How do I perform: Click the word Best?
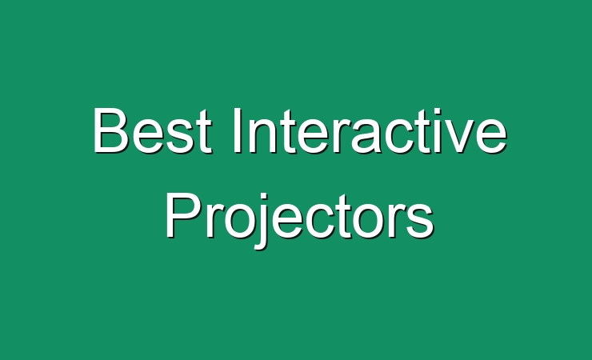click(x=152, y=130)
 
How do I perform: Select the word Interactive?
click(x=370, y=130)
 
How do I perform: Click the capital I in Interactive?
click(x=237, y=130)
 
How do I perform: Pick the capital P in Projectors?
click(x=182, y=214)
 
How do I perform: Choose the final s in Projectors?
click(x=420, y=221)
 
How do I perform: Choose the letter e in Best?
click(x=146, y=136)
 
